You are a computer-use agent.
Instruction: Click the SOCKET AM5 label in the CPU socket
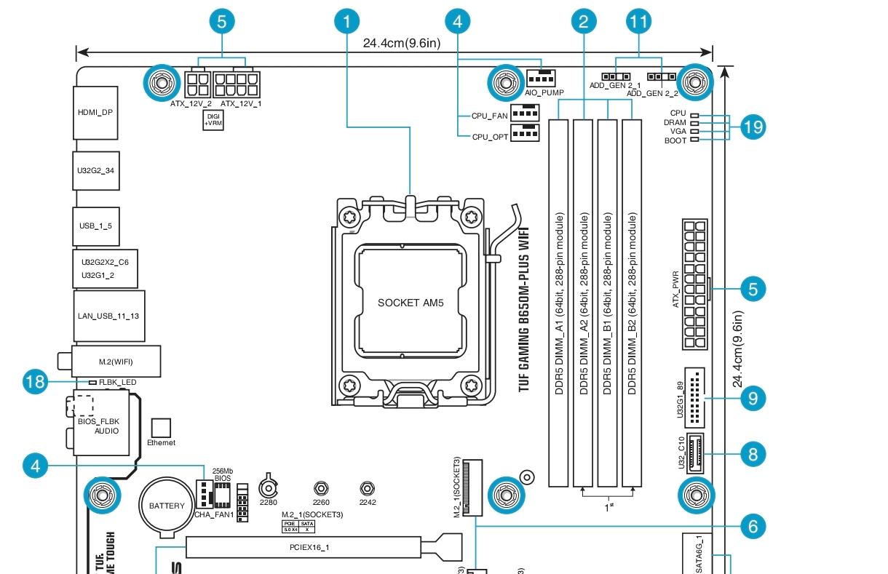pos(410,302)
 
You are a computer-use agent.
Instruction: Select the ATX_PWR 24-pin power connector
pos(695,285)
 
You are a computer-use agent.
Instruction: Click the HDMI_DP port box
pos(95,113)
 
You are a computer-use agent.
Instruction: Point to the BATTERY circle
pos(167,506)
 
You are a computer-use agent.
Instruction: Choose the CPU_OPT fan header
pos(523,132)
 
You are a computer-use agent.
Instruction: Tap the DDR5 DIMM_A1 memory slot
pos(558,303)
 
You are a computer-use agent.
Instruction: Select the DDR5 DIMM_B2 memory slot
pos(632,303)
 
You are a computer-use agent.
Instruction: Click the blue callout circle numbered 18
pos(35,382)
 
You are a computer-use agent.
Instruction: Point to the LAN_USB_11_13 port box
pos(109,316)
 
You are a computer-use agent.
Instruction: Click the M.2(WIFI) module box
pos(116,362)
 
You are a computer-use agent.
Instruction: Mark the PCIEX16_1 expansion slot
pos(303,546)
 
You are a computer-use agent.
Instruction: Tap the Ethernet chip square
pos(160,428)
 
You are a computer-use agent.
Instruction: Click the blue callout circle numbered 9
pos(753,398)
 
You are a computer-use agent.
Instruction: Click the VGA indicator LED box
pos(694,132)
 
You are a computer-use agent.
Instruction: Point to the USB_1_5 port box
pos(95,226)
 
